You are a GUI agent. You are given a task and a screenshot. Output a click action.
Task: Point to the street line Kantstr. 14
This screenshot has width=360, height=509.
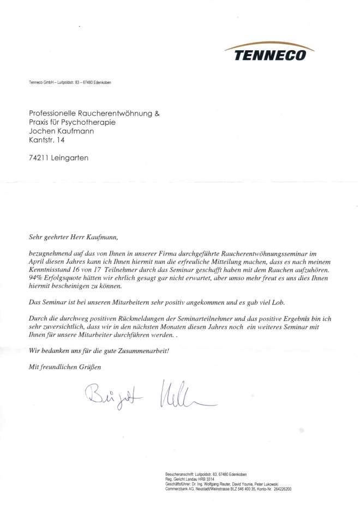[x=47, y=141]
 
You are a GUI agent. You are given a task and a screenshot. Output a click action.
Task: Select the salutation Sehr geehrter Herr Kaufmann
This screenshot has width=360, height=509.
[x=72, y=237]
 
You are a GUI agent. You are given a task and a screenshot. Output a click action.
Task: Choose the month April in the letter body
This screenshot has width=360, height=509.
[x=37, y=262]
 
